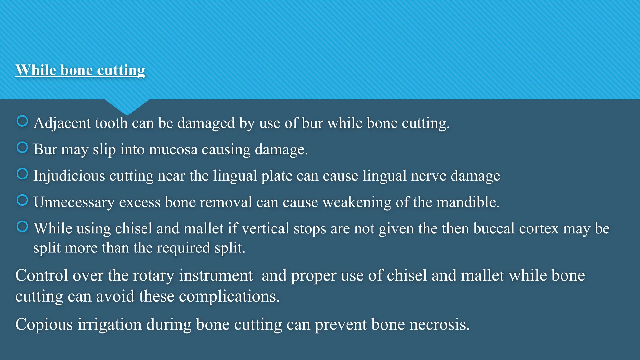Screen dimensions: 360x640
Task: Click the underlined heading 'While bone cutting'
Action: coord(80,70)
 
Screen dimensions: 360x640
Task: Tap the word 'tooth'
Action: coord(111,123)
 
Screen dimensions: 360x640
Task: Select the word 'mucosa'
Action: coord(173,149)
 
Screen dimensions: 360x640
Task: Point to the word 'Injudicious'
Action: coord(69,176)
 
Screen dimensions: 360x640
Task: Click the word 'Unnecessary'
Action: coord(74,202)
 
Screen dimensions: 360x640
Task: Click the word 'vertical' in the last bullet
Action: coord(265,228)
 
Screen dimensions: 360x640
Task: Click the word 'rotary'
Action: coord(153,276)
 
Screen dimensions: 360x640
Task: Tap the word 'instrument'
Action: coord(216,276)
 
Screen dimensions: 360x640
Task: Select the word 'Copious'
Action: coord(44,324)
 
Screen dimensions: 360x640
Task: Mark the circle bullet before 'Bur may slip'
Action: coord(22,147)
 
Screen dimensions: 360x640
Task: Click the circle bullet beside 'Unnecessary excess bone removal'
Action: coord(22,200)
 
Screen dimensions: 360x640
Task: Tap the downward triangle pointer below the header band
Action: coord(127,107)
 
